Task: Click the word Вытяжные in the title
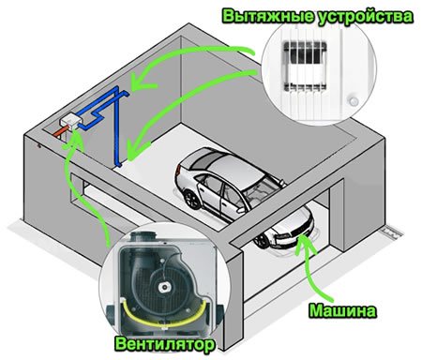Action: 268,16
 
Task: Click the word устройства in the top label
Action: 365,17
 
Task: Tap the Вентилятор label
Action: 165,345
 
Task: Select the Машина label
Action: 342,310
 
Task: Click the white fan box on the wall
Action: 70,121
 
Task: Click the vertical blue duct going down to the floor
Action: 117,130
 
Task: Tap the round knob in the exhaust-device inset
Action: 354,101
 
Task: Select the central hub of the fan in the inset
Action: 163,287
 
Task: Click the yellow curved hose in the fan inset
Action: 162,317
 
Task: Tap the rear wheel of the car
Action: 191,200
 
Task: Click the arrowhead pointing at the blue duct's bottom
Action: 134,150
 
